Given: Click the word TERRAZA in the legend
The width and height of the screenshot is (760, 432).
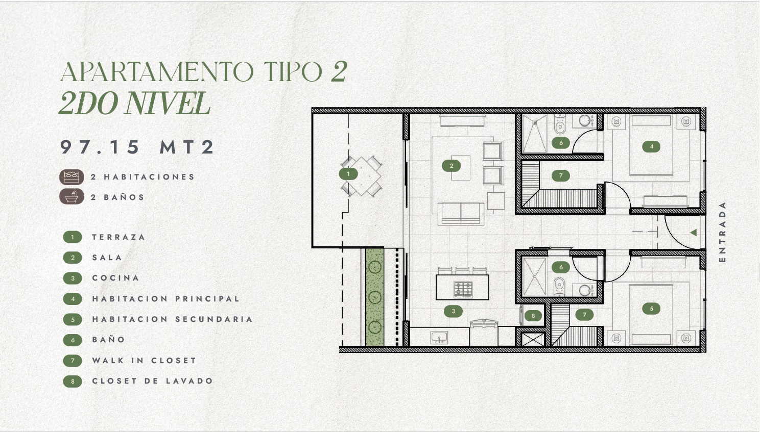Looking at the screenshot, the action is (x=118, y=237).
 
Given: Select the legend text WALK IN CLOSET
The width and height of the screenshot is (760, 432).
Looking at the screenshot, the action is (x=144, y=360).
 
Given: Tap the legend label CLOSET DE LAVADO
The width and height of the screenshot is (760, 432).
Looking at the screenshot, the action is (x=153, y=381).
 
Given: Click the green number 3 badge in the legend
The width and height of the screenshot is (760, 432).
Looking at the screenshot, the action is (x=73, y=278).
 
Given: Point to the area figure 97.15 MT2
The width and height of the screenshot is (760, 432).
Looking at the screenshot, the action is (x=137, y=147).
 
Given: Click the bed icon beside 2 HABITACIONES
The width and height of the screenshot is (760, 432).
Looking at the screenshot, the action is (x=72, y=177).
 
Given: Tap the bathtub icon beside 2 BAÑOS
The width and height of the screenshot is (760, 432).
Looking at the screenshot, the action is (x=72, y=196).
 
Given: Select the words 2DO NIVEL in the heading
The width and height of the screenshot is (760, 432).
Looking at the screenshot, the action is (x=135, y=103).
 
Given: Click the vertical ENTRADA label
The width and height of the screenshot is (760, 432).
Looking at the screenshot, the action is (x=722, y=232).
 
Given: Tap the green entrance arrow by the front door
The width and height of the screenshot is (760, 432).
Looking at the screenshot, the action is (x=694, y=233).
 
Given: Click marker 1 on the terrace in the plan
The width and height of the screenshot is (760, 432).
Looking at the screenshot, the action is (x=348, y=174).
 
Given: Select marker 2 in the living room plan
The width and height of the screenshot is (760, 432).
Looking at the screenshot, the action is (x=452, y=166).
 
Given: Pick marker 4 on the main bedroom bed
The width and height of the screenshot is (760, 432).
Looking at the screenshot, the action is (x=651, y=147).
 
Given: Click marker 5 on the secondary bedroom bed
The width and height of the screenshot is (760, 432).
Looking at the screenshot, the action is (x=651, y=309).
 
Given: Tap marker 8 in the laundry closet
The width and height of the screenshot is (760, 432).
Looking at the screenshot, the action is (x=533, y=316).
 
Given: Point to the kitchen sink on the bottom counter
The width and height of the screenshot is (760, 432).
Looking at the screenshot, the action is (x=439, y=338).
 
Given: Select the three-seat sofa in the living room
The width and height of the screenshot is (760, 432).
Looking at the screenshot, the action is (x=461, y=214).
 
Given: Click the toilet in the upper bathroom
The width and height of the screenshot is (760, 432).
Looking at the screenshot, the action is (x=559, y=124).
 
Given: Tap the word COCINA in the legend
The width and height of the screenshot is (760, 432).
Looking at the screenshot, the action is (x=116, y=278).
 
